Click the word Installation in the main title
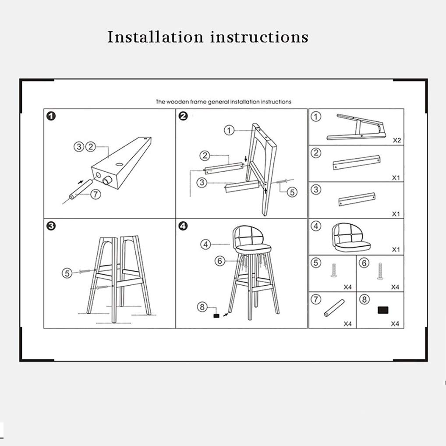click(x=155, y=37)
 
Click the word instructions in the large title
click(x=259, y=37)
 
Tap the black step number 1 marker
click(x=51, y=116)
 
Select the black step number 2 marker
click(x=183, y=116)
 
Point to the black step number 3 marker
click(x=51, y=226)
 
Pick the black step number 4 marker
click(x=183, y=226)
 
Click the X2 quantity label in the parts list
click(x=397, y=140)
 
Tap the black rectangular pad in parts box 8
click(x=383, y=310)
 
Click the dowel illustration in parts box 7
click(x=334, y=308)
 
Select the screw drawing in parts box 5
click(x=334, y=270)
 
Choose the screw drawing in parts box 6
click(x=380, y=271)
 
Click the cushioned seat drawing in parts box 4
click(x=351, y=237)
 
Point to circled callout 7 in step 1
click(x=96, y=195)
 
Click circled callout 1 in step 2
click(x=229, y=130)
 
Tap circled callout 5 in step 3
click(x=67, y=273)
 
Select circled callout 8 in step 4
click(x=202, y=307)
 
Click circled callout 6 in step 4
click(x=220, y=261)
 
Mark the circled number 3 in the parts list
click(x=316, y=189)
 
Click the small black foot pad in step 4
click(x=216, y=316)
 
